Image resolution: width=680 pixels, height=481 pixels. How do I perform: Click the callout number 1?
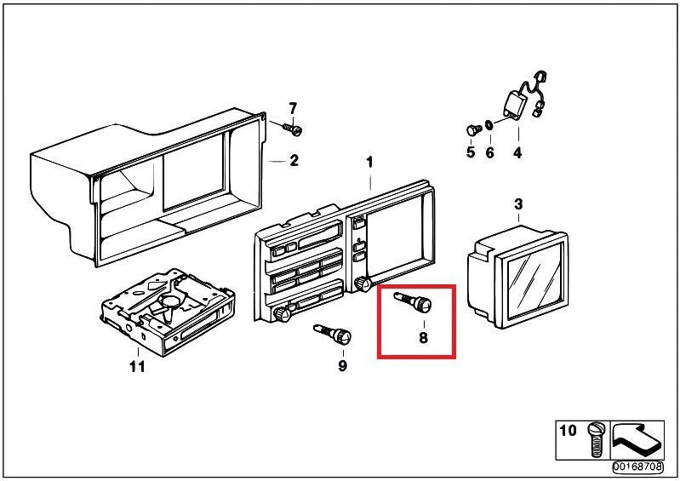point(369,163)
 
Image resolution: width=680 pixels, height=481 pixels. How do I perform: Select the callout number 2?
point(294,161)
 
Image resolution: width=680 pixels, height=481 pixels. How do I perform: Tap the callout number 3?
point(518,203)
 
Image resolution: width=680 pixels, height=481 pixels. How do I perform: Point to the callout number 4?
point(517,152)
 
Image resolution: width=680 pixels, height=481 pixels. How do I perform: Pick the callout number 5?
point(471,152)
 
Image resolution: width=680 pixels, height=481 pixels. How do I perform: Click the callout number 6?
point(489,152)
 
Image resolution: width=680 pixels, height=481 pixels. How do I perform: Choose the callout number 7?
point(293,108)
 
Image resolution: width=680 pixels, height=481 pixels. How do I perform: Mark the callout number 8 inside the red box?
point(423,337)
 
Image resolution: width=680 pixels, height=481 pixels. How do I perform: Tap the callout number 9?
point(343,366)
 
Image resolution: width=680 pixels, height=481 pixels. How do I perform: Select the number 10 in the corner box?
point(569,431)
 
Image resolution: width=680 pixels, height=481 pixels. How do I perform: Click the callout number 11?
point(137,367)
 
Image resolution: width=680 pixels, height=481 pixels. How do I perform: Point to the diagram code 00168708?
point(638,467)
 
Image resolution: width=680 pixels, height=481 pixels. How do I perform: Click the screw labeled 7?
point(292,129)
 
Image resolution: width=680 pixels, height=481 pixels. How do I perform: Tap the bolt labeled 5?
point(473,129)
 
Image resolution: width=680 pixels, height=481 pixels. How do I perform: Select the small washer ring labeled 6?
point(489,125)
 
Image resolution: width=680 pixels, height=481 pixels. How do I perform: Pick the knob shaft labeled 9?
point(333,334)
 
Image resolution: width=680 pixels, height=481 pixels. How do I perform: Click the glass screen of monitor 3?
point(535,280)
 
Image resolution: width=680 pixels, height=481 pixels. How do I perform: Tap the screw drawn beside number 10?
point(595,439)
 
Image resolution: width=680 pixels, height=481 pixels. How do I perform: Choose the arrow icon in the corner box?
point(637,440)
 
